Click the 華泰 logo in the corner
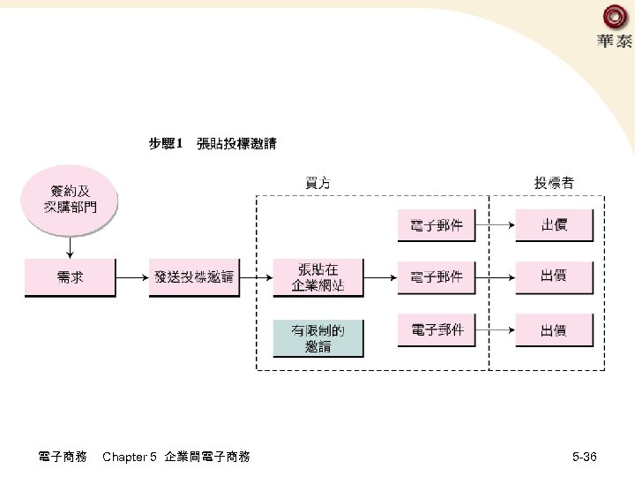[x=614, y=26]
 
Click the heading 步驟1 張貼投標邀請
[x=212, y=143]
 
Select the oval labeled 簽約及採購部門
[x=70, y=199]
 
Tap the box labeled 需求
[x=70, y=276]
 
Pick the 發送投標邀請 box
[x=194, y=276]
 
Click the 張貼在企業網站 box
[x=317, y=276]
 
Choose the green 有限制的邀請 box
[x=317, y=338]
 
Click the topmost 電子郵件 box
[x=437, y=225]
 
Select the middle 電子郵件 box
[x=437, y=276]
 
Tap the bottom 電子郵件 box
[x=437, y=330]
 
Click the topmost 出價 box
[x=553, y=225]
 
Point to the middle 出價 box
[x=553, y=276]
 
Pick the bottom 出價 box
[x=553, y=330]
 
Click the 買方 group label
[x=318, y=183]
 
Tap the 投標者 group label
[x=553, y=183]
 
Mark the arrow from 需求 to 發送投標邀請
[x=131, y=276]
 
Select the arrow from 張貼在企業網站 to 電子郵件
[x=380, y=276]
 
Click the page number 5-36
[x=584, y=457]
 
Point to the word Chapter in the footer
[x=124, y=457]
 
